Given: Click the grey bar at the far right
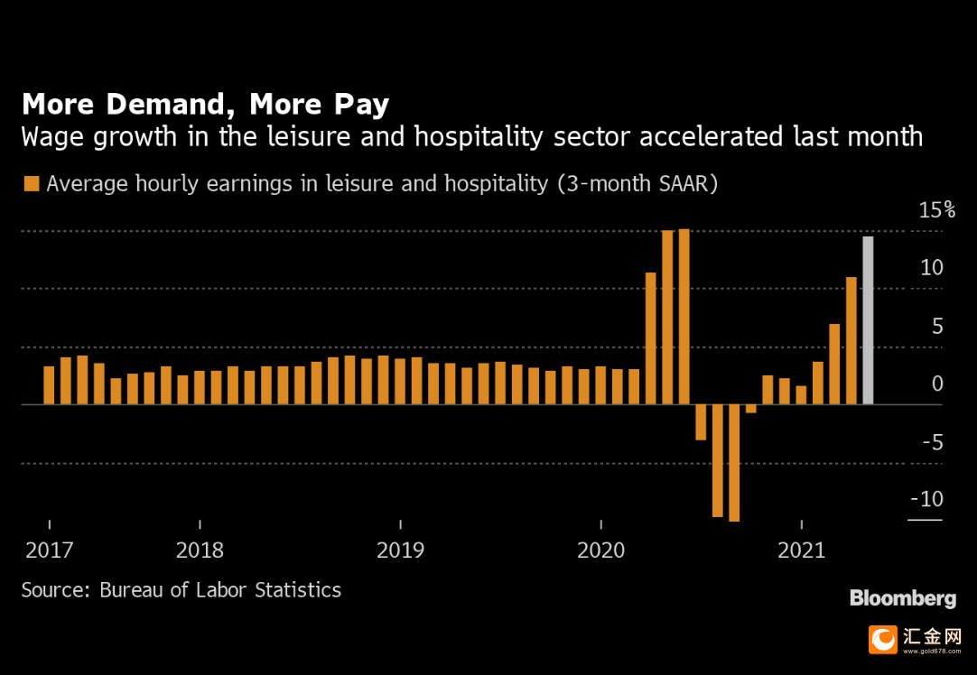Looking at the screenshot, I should pyautogui.click(x=868, y=320).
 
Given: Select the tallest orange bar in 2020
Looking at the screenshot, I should pyautogui.click(x=684, y=317).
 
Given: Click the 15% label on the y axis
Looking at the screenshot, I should pyautogui.click(x=936, y=211).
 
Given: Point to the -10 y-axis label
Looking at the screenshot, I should pyautogui.click(x=926, y=500).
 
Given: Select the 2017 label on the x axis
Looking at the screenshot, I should pyautogui.click(x=49, y=550).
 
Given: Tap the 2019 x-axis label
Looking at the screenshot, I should pyautogui.click(x=401, y=550).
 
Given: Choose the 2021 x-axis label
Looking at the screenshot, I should pyautogui.click(x=802, y=550).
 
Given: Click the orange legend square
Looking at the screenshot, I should pyautogui.click(x=32, y=184).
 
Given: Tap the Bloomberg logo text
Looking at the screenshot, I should pyautogui.click(x=902, y=598).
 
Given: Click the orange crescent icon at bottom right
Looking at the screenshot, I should pyautogui.click(x=883, y=640).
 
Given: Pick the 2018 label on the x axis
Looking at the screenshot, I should pyautogui.click(x=200, y=550).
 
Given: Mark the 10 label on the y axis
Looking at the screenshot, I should pyautogui.click(x=932, y=268).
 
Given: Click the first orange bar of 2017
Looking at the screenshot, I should pyautogui.click(x=49, y=385).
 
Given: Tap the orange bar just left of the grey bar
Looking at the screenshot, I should pyautogui.click(x=851, y=340).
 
